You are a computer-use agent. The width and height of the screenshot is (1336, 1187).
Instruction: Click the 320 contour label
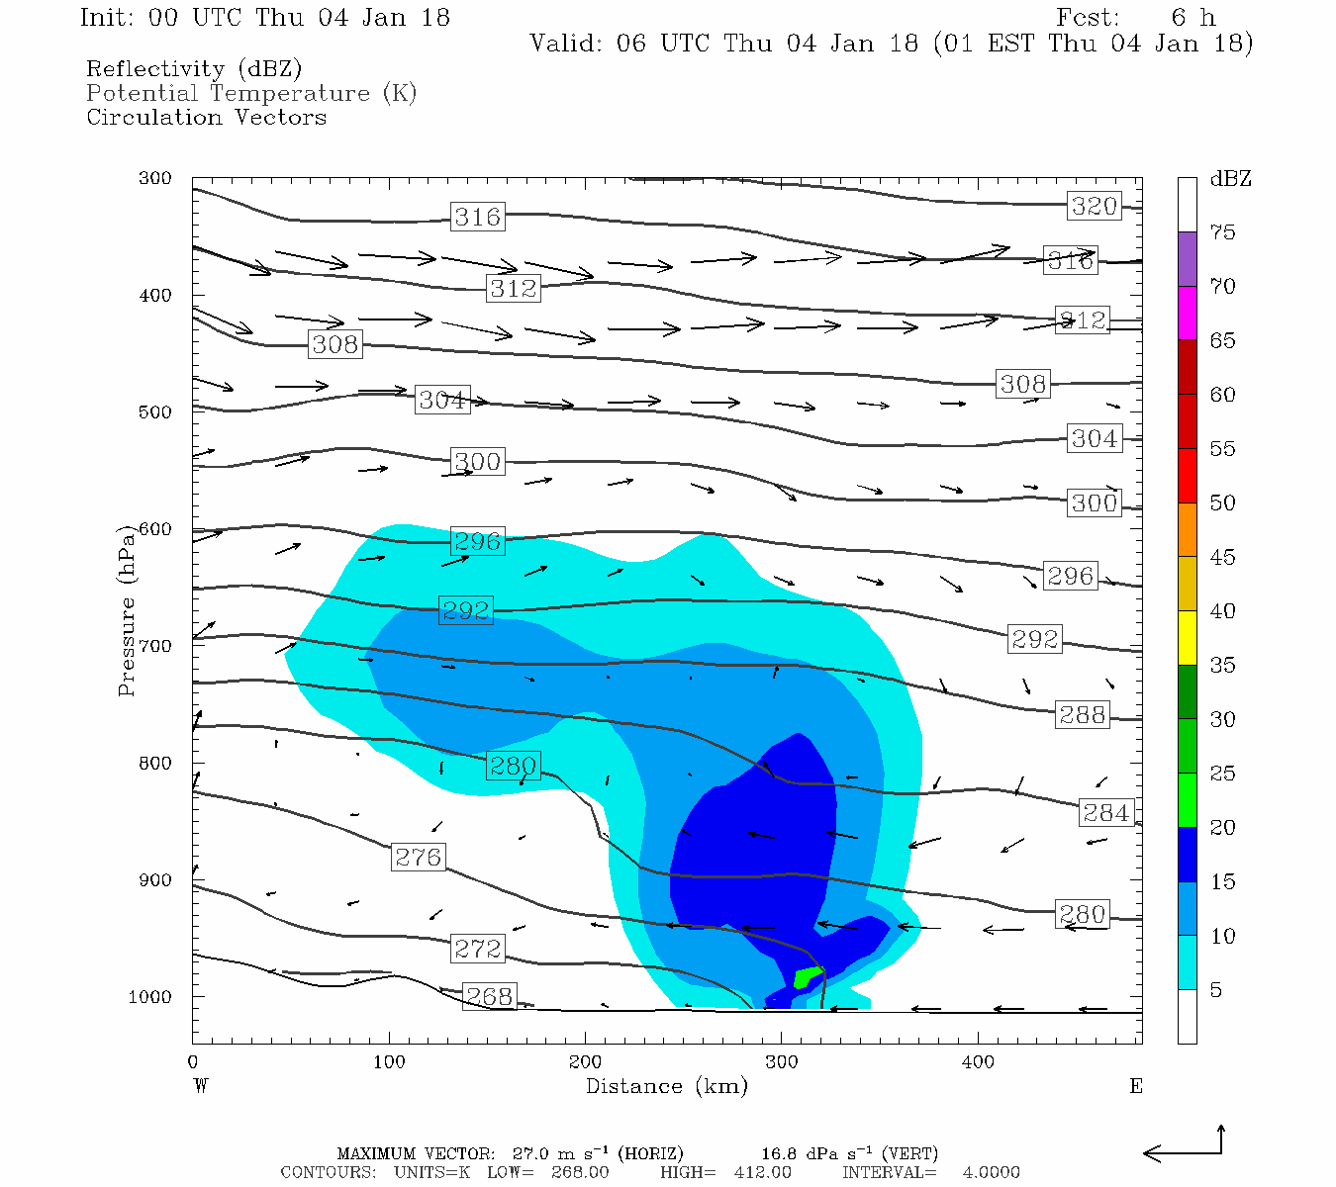(x=1094, y=206)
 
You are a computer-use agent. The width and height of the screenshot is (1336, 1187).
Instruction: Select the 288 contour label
(x=1082, y=714)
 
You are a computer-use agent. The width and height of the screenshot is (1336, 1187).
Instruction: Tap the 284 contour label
(x=1105, y=813)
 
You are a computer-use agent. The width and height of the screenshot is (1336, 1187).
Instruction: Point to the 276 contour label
(x=418, y=857)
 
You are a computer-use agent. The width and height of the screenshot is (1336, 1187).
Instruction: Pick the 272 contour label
(x=477, y=949)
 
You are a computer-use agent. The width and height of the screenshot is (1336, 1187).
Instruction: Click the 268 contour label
(x=489, y=996)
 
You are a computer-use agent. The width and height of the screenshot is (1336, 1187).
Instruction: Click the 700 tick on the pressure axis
(x=155, y=646)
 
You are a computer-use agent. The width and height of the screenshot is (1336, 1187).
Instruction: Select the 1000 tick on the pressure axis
(x=150, y=997)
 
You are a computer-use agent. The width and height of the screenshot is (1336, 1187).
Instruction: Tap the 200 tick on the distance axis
(x=585, y=1062)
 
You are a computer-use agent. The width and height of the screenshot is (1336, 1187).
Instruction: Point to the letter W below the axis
(x=201, y=1086)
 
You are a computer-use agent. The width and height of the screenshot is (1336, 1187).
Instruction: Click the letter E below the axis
(x=1135, y=1086)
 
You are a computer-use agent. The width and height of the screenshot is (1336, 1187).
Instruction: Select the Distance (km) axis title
(x=666, y=1086)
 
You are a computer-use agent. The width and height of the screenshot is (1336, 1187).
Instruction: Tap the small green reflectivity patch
(x=807, y=977)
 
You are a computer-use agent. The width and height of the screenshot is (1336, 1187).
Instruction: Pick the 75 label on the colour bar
(x=1223, y=232)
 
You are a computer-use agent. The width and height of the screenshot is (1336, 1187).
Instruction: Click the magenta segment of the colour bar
(x=1188, y=313)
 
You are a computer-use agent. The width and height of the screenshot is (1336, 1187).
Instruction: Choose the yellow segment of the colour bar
(x=1188, y=638)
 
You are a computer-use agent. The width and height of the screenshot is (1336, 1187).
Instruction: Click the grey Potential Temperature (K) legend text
(x=251, y=93)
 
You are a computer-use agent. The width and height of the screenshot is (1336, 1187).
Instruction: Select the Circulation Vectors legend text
(x=206, y=117)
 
